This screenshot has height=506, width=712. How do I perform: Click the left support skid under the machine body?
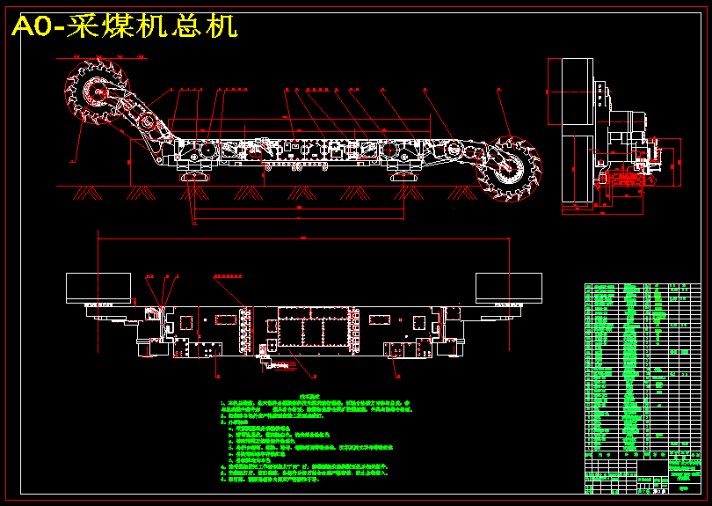(195, 179)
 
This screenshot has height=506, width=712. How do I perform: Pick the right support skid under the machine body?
(403, 179)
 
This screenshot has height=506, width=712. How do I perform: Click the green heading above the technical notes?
(313, 398)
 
